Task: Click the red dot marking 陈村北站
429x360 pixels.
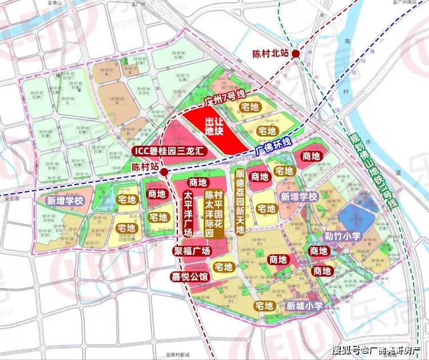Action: click(296, 54)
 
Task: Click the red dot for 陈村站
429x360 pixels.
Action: click(164, 171)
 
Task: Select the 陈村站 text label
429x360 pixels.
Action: click(144, 167)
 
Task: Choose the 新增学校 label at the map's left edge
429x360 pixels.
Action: click(66, 201)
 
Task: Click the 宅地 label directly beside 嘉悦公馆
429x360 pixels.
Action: click(224, 267)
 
